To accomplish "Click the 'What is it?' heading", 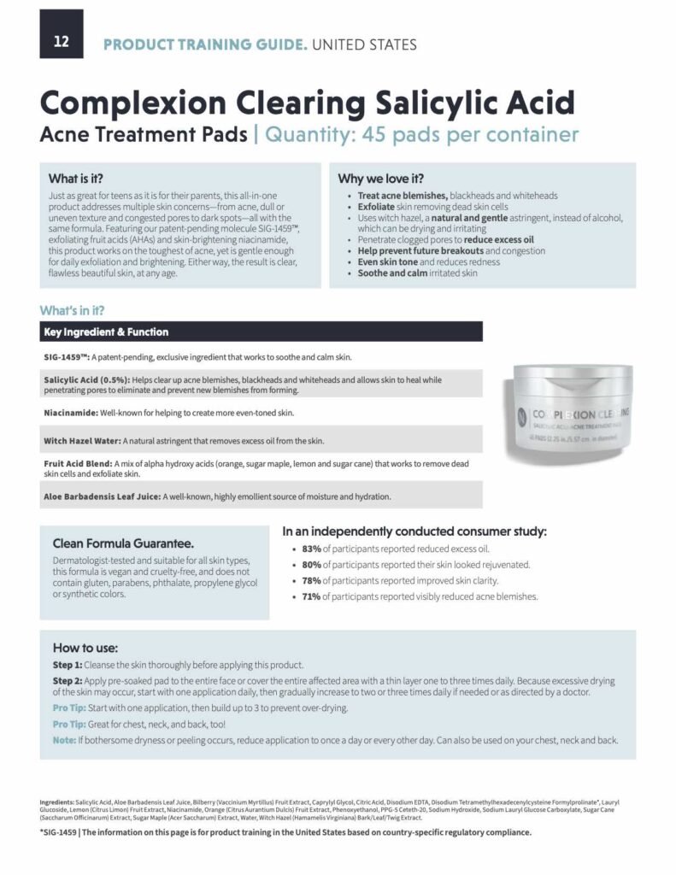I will [x=76, y=179].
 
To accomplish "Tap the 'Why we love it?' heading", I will [x=380, y=179].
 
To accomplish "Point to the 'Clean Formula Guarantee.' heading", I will [x=123, y=543].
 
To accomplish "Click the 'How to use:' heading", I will [x=85, y=648].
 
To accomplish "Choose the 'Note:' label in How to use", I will [x=65, y=739].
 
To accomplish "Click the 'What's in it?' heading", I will [x=73, y=310].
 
